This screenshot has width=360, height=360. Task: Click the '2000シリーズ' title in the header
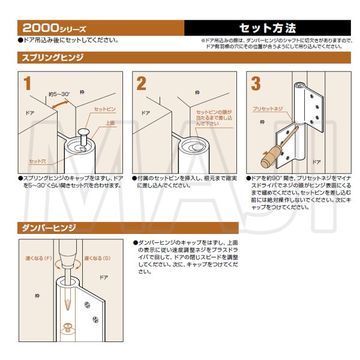click(x=55, y=28)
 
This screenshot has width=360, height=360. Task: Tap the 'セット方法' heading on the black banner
click(x=268, y=28)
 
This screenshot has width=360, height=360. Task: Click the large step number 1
click(x=27, y=84)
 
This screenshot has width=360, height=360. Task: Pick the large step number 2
click(x=141, y=84)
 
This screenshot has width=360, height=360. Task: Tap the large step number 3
click(x=256, y=84)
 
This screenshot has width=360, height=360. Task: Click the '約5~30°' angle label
click(x=59, y=95)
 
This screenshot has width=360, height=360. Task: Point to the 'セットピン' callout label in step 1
click(x=105, y=110)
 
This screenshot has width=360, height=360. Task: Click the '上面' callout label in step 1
click(x=110, y=123)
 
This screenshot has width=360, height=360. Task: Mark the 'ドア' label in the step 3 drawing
click(x=317, y=162)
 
